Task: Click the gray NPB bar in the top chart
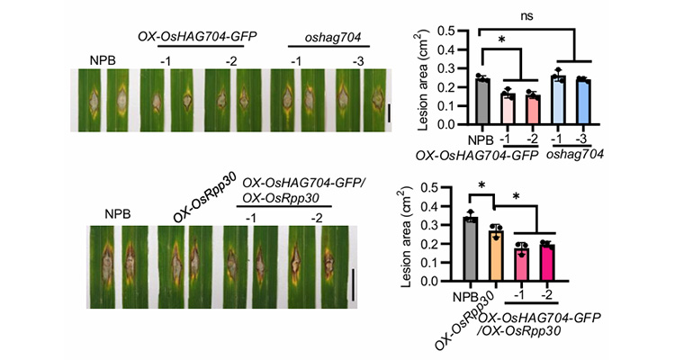pos(482,105)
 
